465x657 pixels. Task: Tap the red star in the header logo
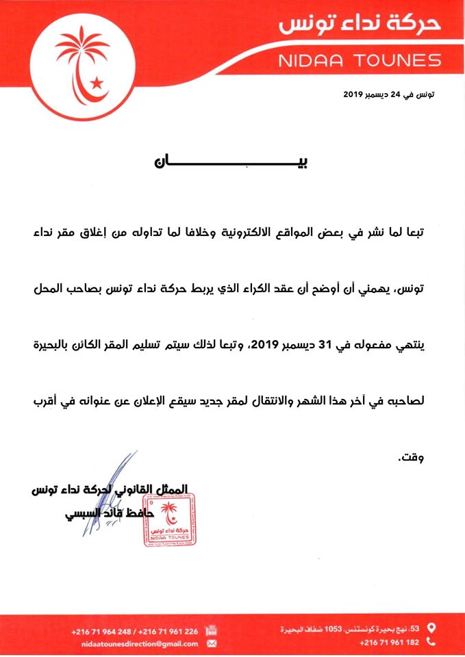[x=97, y=83]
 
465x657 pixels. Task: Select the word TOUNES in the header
[x=398, y=60]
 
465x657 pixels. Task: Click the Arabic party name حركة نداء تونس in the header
[x=361, y=26]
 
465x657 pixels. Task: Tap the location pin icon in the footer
[x=431, y=627]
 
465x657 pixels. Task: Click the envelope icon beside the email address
[x=212, y=644]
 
